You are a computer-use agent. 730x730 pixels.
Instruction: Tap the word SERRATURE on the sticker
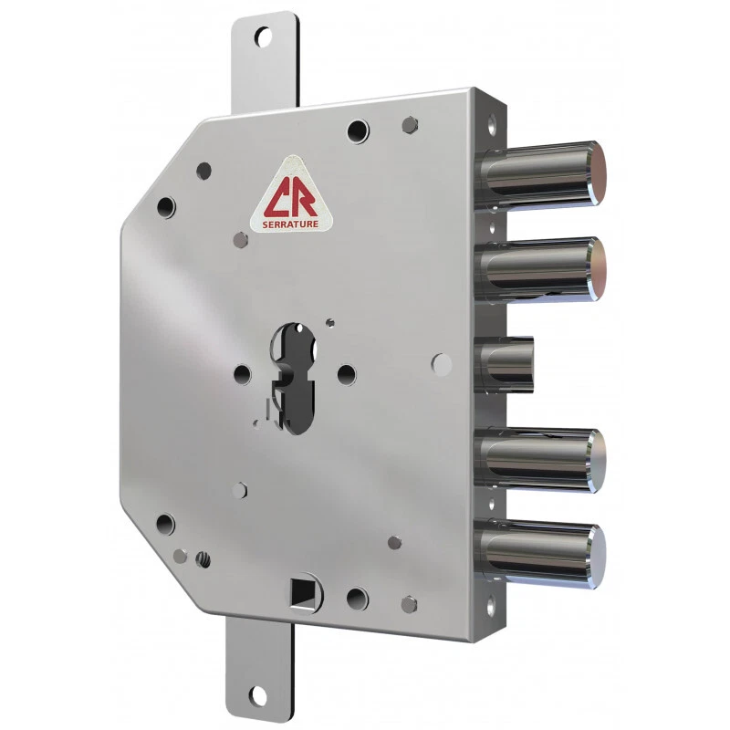pos(290,224)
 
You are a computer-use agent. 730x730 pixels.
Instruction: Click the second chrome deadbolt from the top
pos(540,270)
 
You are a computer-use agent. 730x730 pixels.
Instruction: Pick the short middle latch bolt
pos(505,364)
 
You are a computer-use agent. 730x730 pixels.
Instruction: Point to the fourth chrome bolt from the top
pos(540,460)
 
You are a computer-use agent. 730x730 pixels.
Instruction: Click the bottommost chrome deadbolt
pos(540,554)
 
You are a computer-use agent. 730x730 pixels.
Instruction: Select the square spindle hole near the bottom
pos(301,592)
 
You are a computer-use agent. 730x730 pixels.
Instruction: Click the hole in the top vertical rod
pos(263,37)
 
